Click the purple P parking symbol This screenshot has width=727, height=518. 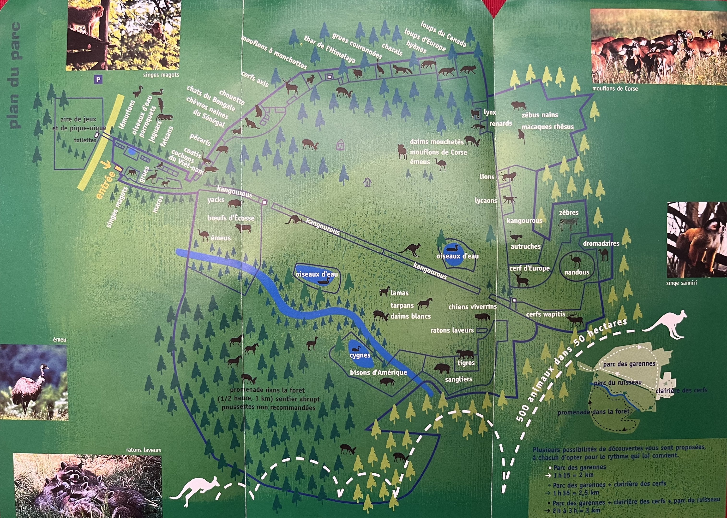(98, 80)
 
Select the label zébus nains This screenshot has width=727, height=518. (540, 115)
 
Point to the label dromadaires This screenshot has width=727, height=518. (601, 243)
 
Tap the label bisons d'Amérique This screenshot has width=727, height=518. (379, 372)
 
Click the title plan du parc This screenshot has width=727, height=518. (15, 75)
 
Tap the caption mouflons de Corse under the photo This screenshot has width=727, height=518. (615, 88)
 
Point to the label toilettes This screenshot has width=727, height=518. (85, 140)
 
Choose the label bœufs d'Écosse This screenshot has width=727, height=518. (231, 218)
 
